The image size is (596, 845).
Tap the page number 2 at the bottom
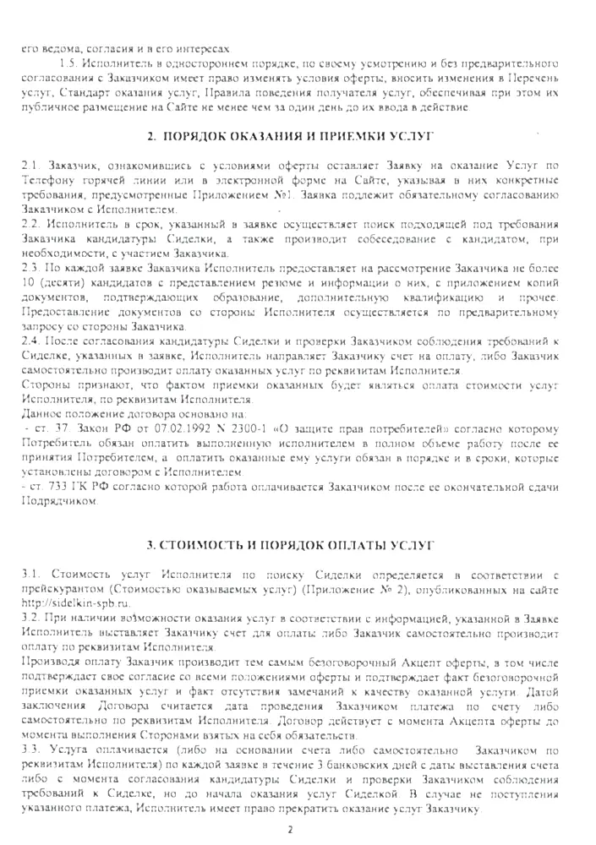point(290,830)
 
